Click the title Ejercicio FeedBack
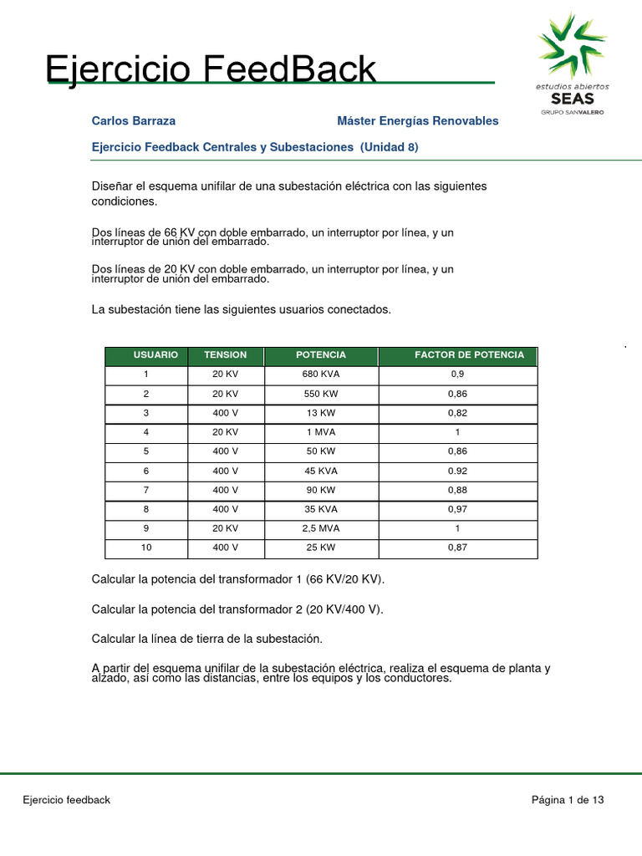pos(211,69)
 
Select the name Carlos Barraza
pos(134,121)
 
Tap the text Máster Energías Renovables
pos(417,121)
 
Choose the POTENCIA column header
pos(321,355)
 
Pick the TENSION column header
pos(226,355)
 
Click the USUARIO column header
pos(155,355)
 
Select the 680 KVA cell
pos(321,374)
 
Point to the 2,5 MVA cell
pos(321,529)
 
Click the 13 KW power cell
pos(321,413)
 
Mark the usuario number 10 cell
pos(146,548)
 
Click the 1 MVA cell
pos(321,432)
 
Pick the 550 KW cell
pos(321,394)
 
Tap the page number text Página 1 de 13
pos(568,800)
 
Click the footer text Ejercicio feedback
pos(66,800)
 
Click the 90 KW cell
pos(321,491)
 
